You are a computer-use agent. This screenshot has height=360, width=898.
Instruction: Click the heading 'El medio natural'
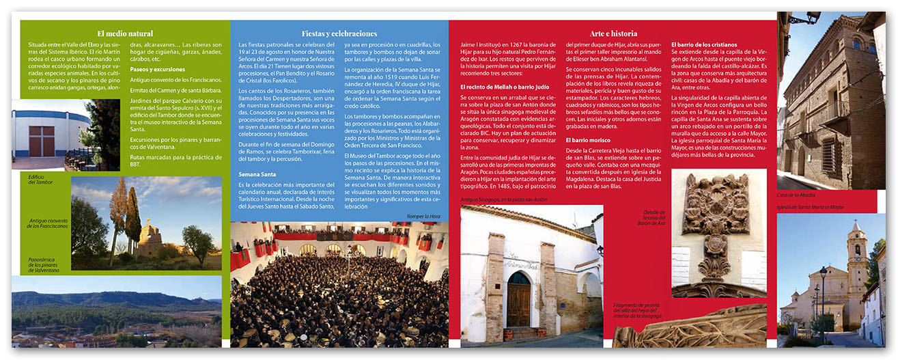pyautogui.click(x=125, y=33)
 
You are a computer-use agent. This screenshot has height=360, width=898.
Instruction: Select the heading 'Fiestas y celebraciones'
pyautogui.click(x=339, y=33)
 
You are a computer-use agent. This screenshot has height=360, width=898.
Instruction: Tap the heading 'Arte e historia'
pyautogui.click(x=613, y=33)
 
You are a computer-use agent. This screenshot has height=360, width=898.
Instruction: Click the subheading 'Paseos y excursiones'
pyautogui.click(x=157, y=69)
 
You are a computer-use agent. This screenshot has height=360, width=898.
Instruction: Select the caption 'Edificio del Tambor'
pyautogui.click(x=41, y=179)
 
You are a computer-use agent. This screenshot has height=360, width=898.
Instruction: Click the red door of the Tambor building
pyautogui.click(x=41, y=141)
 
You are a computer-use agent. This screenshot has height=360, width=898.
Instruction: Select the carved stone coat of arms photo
pyautogui.click(x=718, y=232)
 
